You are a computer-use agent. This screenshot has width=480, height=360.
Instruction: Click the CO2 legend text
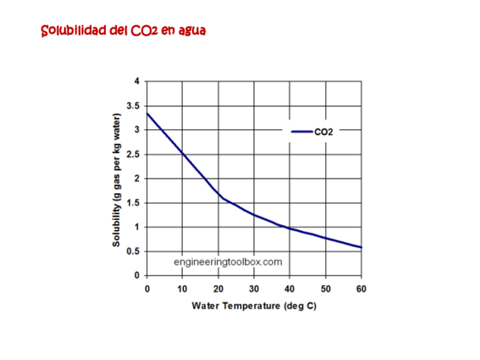(x=323, y=132)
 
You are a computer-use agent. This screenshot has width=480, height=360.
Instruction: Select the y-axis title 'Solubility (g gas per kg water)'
(x=117, y=180)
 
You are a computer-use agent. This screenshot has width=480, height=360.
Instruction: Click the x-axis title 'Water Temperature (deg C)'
(x=254, y=306)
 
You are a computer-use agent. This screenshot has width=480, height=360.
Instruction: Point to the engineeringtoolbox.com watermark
(x=228, y=262)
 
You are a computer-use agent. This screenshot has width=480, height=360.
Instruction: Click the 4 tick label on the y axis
(x=136, y=82)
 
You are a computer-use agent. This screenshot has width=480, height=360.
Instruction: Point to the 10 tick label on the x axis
(x=182, y=289)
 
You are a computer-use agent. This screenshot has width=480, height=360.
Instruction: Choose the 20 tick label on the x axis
(x=218, y=289)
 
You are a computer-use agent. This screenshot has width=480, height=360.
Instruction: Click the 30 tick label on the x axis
(x=254, y=289)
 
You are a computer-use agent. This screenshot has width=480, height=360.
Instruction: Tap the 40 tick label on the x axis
(x=289, y=289)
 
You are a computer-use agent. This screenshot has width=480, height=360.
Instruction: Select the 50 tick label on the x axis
(x=325, y=289)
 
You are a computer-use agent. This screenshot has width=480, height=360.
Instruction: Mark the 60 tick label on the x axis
(x=361, y=289)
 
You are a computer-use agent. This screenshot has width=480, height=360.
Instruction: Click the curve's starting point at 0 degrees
(x=147, y=113)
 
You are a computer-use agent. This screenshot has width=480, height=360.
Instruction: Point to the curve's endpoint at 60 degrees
(x=361, y=247)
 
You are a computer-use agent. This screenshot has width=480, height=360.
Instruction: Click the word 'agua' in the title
(x=191, y=31)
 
